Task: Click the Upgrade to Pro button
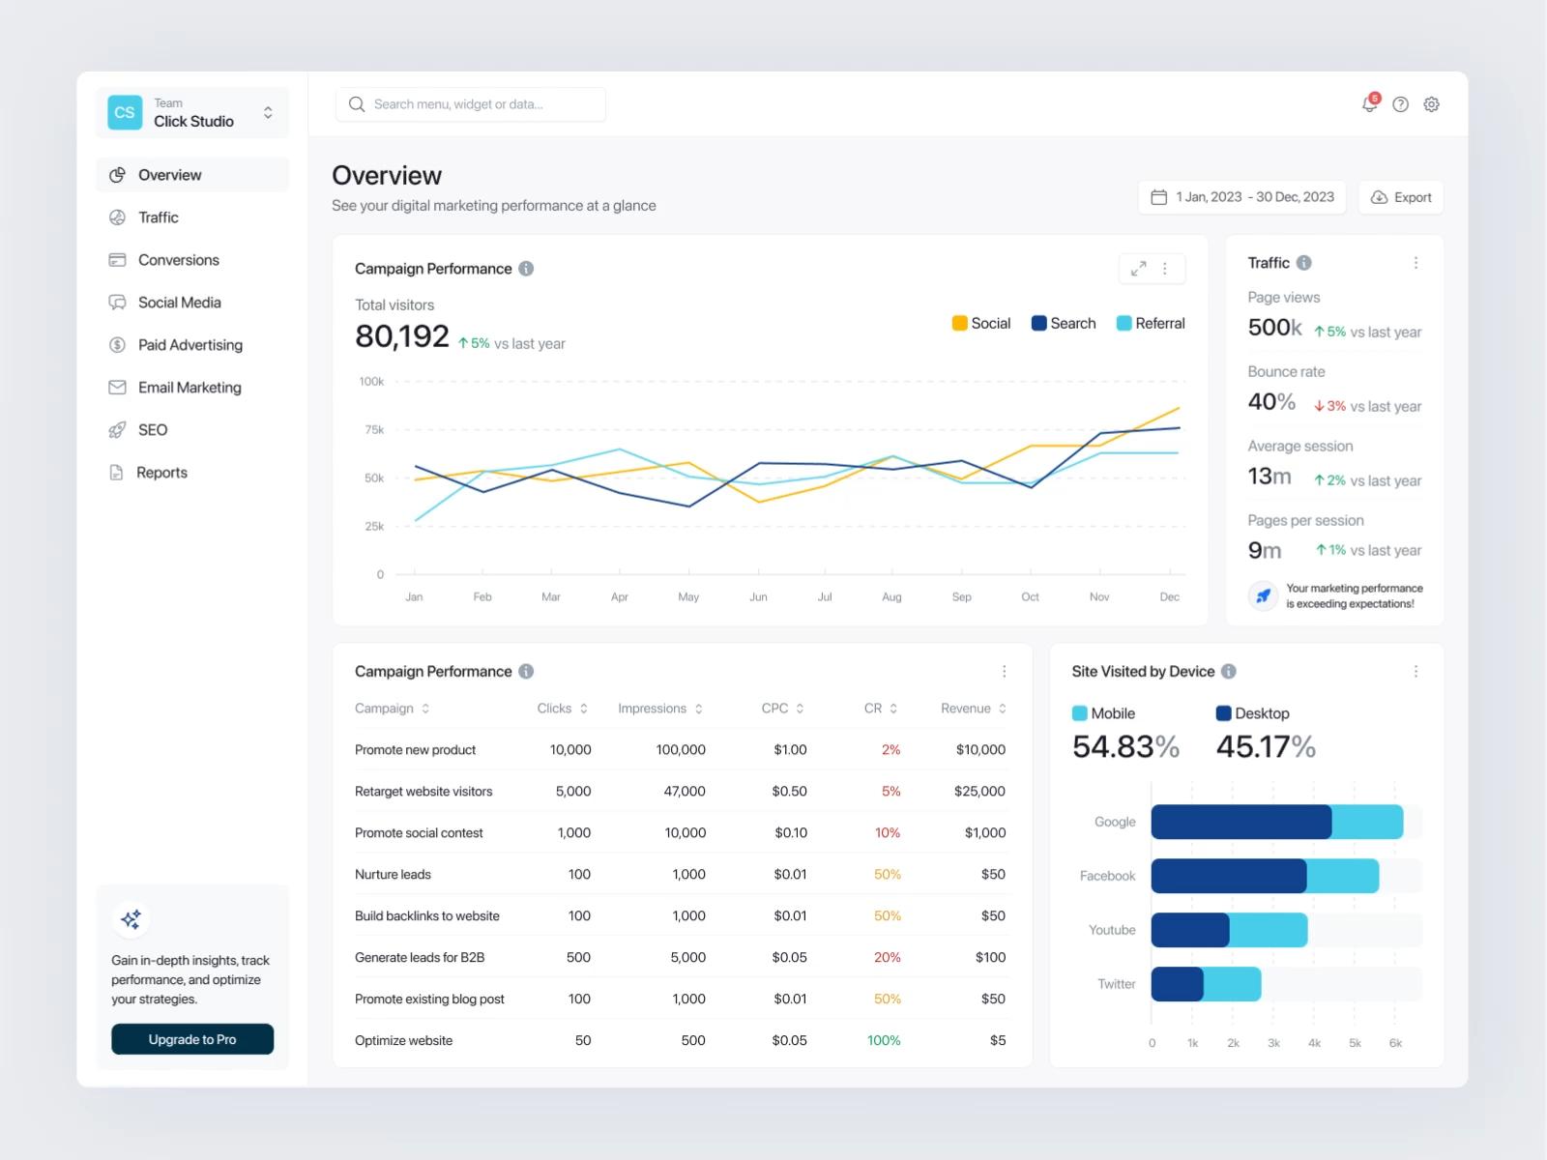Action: tap(191, 1039)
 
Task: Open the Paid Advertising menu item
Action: tap(176, 344)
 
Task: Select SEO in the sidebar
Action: tap(139, 429)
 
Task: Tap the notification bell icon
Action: tap(1369, 104)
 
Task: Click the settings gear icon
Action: tap(1431, 104)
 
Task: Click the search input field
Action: tap(470, 104)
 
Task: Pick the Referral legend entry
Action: tap(1151, 323)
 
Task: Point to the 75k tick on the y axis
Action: tap(374, 429)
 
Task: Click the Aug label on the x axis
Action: tap(891, 596)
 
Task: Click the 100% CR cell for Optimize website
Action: tap(884, 1040)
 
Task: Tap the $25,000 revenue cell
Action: tap(979, 791)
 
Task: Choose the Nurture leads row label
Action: tap(393, 874)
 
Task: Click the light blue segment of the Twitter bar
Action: tap(1232, 984)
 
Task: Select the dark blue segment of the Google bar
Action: tap(1241, 822)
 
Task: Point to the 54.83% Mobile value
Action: tap(1125, 746)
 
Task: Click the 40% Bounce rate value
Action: tap(1271, 401)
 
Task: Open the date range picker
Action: tap(1241, 197)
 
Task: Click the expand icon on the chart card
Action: tap(1138, 269)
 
